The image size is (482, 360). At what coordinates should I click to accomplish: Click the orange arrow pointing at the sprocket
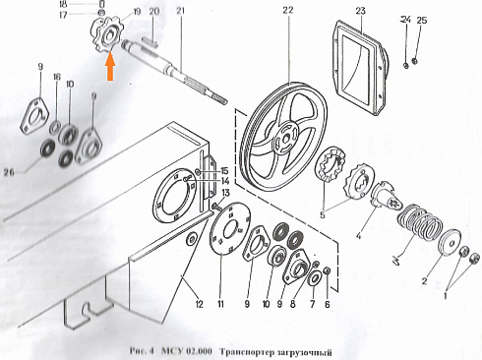[111, 68]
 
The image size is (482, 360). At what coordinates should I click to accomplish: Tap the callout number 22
[286, 10]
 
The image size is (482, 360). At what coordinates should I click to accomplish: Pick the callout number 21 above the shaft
[180, 10]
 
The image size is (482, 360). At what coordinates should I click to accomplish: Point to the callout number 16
[56, 77]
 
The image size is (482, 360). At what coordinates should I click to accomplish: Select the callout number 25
[422, 20]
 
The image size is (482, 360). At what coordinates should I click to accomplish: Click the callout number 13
[224, 193]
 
